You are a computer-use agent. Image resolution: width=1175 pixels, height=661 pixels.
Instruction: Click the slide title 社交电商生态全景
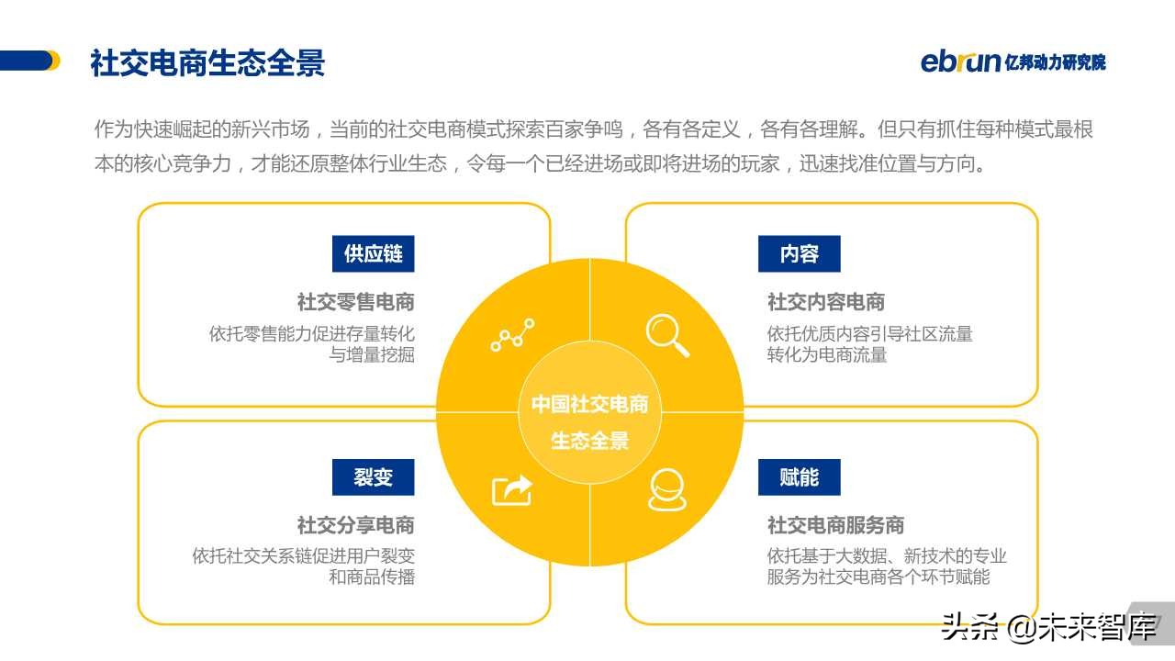pyautogui.click(x=207, y=63)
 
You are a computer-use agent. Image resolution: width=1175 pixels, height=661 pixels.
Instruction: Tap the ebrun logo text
pyautogui.click(x=960, y=62)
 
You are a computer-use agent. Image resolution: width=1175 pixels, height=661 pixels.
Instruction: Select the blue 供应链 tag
pyautogui.click(x=373, y=253)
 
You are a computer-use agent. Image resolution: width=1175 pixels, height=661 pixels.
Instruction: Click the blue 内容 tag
pyautogui.click(x=799, y=253)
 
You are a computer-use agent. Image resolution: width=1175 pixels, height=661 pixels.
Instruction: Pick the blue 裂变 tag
pyautogui.click(x=373, y=477)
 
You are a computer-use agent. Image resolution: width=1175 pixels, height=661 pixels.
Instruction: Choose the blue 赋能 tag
pyautogui.click(x=799, y=477)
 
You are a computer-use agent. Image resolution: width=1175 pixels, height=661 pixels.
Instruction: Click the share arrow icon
pyautogui.click(x=511, y=489)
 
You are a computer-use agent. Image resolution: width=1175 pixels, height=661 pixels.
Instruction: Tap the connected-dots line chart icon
pyautogui.click(x=511, y=336)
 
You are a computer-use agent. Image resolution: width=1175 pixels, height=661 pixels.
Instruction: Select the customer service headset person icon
pyautogui.click(x=666, y=489)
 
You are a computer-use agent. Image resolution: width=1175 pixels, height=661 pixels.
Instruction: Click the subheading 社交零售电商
pyautogui.click(x=355, y=302)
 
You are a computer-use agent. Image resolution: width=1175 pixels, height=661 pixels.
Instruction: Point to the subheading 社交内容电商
pyautogui.click(x=825, y=302)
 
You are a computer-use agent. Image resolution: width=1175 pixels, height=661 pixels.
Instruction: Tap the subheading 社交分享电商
pyautogui.click(x=355, y=525)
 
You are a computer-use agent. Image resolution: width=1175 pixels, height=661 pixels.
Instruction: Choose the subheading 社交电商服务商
pyautogui.click(x=835, y=525)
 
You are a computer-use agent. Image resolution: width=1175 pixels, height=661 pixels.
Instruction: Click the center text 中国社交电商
pyautogui.click(x=589, y=405)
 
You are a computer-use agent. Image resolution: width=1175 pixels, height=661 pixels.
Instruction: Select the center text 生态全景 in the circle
pyautogui.click(x=589, y=441)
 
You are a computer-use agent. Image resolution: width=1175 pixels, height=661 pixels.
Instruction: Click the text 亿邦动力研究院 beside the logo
pyautogui.click(x=1056, y=62)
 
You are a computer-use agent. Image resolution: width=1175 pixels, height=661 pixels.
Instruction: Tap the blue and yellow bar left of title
pyautogui.click(x=29, y=61)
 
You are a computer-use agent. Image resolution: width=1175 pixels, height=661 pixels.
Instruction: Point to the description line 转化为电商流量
pyautogui.click(x=827, y=354)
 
